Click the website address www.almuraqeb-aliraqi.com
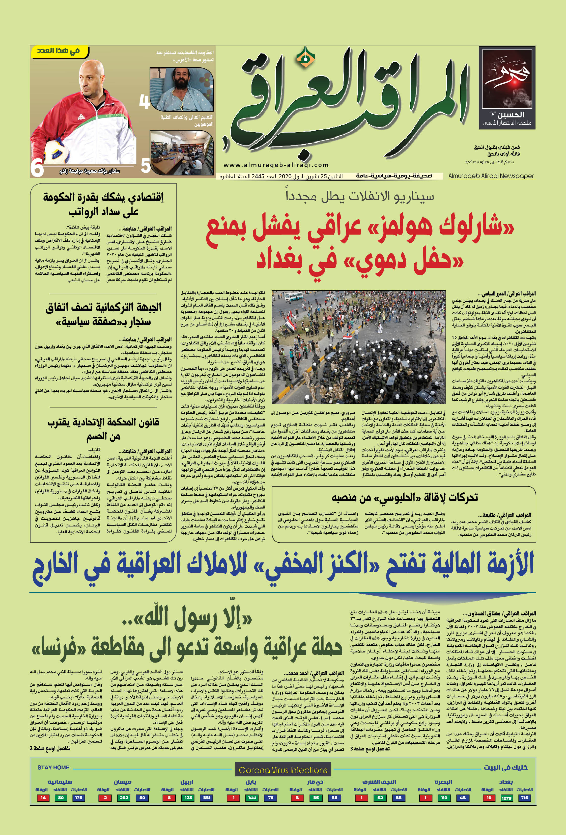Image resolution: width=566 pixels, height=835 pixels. [276, 165]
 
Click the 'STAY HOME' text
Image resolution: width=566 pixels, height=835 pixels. [53, 767]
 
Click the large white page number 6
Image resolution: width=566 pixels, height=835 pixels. [37, 168]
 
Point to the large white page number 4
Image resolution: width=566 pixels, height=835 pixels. [144, 102]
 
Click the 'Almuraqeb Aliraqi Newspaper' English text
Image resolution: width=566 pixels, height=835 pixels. [491, 176]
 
